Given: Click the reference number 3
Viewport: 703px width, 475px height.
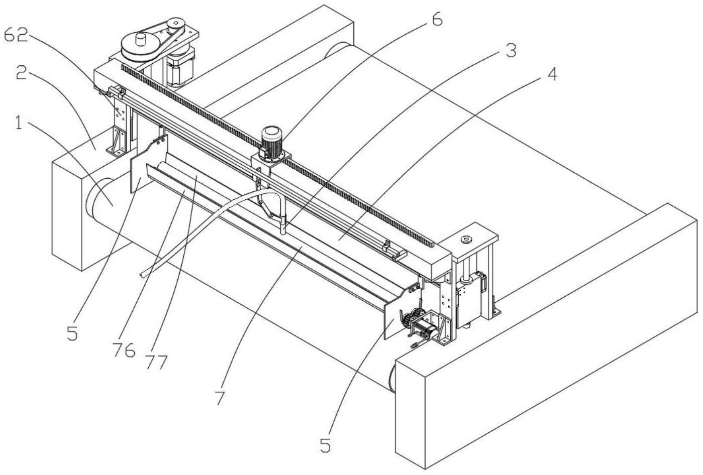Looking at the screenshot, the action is coord(511,50).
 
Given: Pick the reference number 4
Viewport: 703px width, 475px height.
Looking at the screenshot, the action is coord(551,74).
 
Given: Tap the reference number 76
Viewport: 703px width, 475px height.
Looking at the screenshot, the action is coord(124,349).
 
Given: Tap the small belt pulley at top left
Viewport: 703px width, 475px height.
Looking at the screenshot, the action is coord(175,24).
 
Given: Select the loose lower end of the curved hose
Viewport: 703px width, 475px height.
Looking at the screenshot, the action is coord(143,275).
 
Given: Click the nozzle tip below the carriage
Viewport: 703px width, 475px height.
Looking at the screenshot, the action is coord(282,232).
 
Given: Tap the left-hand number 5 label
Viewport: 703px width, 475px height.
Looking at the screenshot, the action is coord(72,334).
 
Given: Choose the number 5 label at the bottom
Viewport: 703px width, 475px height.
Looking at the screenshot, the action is coord(326,446).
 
